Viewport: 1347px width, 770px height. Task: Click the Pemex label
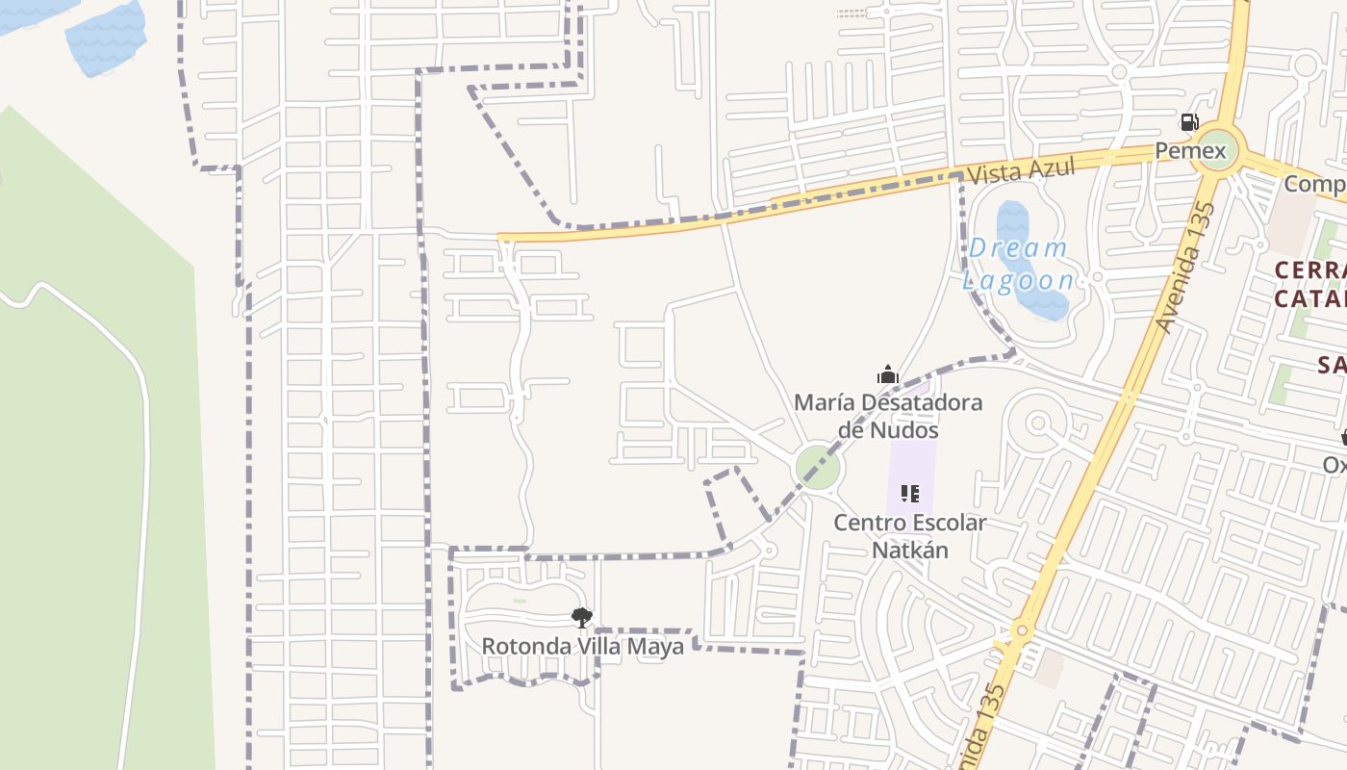pyautogui.click(x=1190, y=151)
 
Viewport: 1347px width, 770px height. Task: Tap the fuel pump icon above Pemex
pyautogui.click(x=1189, y=122)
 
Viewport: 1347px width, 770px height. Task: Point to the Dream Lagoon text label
pyautogui.click(x=1019, y=264)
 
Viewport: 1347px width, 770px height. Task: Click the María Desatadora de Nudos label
pyautogui.click(x=888, y=415)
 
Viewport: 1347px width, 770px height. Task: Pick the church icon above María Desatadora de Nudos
pyautogui.click(x=887, y=374)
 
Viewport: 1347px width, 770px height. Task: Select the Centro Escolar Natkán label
pyautogui.click(x=910, y=536)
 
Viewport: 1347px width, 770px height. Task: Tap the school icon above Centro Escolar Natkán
pyautogui.click(x=909, y=495)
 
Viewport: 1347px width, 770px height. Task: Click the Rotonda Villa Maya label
pyautogui.click(x=582, y=646)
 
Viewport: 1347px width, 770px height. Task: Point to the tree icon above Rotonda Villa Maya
pyautogui.click(x=581, y=617)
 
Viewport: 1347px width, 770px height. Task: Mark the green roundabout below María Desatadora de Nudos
pyautogui.click(x=818, y=468)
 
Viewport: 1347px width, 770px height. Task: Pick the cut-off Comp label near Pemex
pyautogui.click(x=1315, y=184)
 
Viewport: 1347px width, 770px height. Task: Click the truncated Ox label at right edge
pyautogui.click(x=1334, y=465)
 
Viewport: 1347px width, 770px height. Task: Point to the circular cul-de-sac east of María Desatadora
pyautogui.click(x=1037, y=423)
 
